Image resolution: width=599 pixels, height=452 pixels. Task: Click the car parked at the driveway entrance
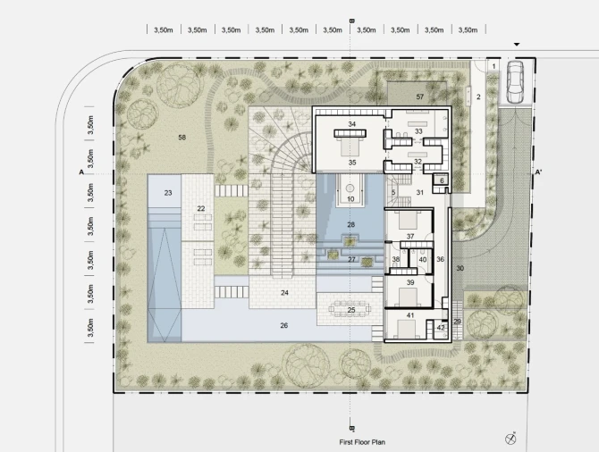[515, 82]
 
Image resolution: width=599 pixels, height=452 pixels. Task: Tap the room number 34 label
[352, 124]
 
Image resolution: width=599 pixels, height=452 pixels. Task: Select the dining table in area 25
[351, 309]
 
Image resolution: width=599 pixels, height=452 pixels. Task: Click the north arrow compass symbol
[510, 439]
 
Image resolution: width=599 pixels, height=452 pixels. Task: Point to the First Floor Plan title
[362, 442]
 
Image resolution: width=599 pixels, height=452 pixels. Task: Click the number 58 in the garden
[181, 138]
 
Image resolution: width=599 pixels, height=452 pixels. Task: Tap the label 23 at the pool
[168, 193]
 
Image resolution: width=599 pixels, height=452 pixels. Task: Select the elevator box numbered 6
[442, 180]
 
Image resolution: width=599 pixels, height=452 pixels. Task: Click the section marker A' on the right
[538, 172]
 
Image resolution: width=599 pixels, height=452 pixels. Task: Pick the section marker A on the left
[81, 172]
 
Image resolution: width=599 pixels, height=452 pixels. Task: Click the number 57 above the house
[420, 97]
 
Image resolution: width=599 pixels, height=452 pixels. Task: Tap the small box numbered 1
[494, 66]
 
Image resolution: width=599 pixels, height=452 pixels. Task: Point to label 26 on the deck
[283, 326]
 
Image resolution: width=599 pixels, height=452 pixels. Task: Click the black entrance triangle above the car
[517, 45]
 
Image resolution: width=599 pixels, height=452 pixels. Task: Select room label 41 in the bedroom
[410, 315]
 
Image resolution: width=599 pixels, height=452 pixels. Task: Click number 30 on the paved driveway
[460, 268]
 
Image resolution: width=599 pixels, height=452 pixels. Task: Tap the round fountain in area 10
[350, 188]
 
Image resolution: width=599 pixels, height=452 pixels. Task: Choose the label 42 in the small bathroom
[441, 328]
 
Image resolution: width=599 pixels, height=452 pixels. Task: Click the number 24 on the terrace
[284, 293]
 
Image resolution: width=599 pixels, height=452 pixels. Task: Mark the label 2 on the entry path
[478, 97]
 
